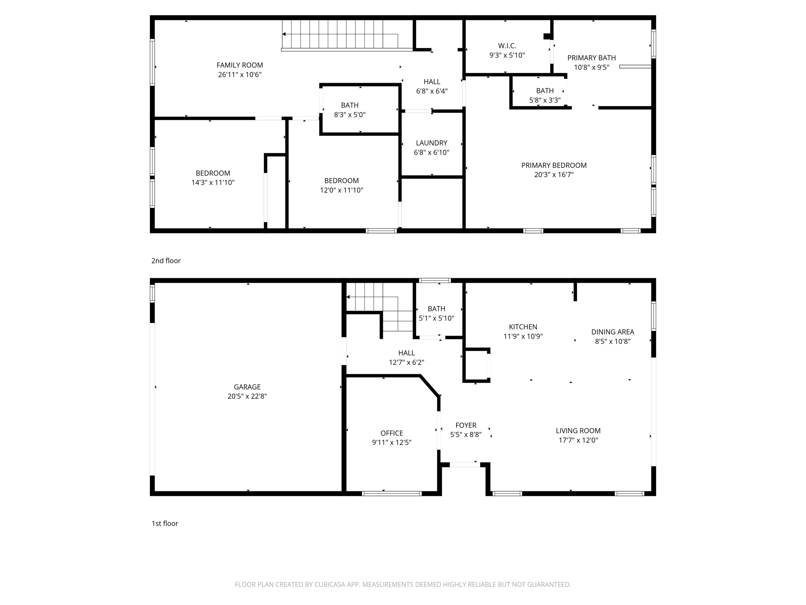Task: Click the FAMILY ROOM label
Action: pos(240,65)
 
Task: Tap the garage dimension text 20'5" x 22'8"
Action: pos(247,397)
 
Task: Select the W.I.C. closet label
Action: pos(507,46)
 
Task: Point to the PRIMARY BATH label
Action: pos(592,58)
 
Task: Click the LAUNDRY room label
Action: pos(431,143)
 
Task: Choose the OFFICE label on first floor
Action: pos(392,433)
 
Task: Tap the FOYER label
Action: pos(466,425)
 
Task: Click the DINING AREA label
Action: pos(612,332)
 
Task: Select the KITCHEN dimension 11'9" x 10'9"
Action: pos(523,337)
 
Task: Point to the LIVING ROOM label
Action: pos(578,431)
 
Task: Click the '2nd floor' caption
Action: pos(166,261)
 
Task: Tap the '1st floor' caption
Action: pos(165,523)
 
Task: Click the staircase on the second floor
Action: pos(338,35)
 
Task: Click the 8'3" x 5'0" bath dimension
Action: pos(349,115)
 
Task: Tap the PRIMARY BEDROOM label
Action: pos(554,165)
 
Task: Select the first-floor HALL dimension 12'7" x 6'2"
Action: pos(407,363)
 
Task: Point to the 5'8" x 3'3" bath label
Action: pos(545,100)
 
